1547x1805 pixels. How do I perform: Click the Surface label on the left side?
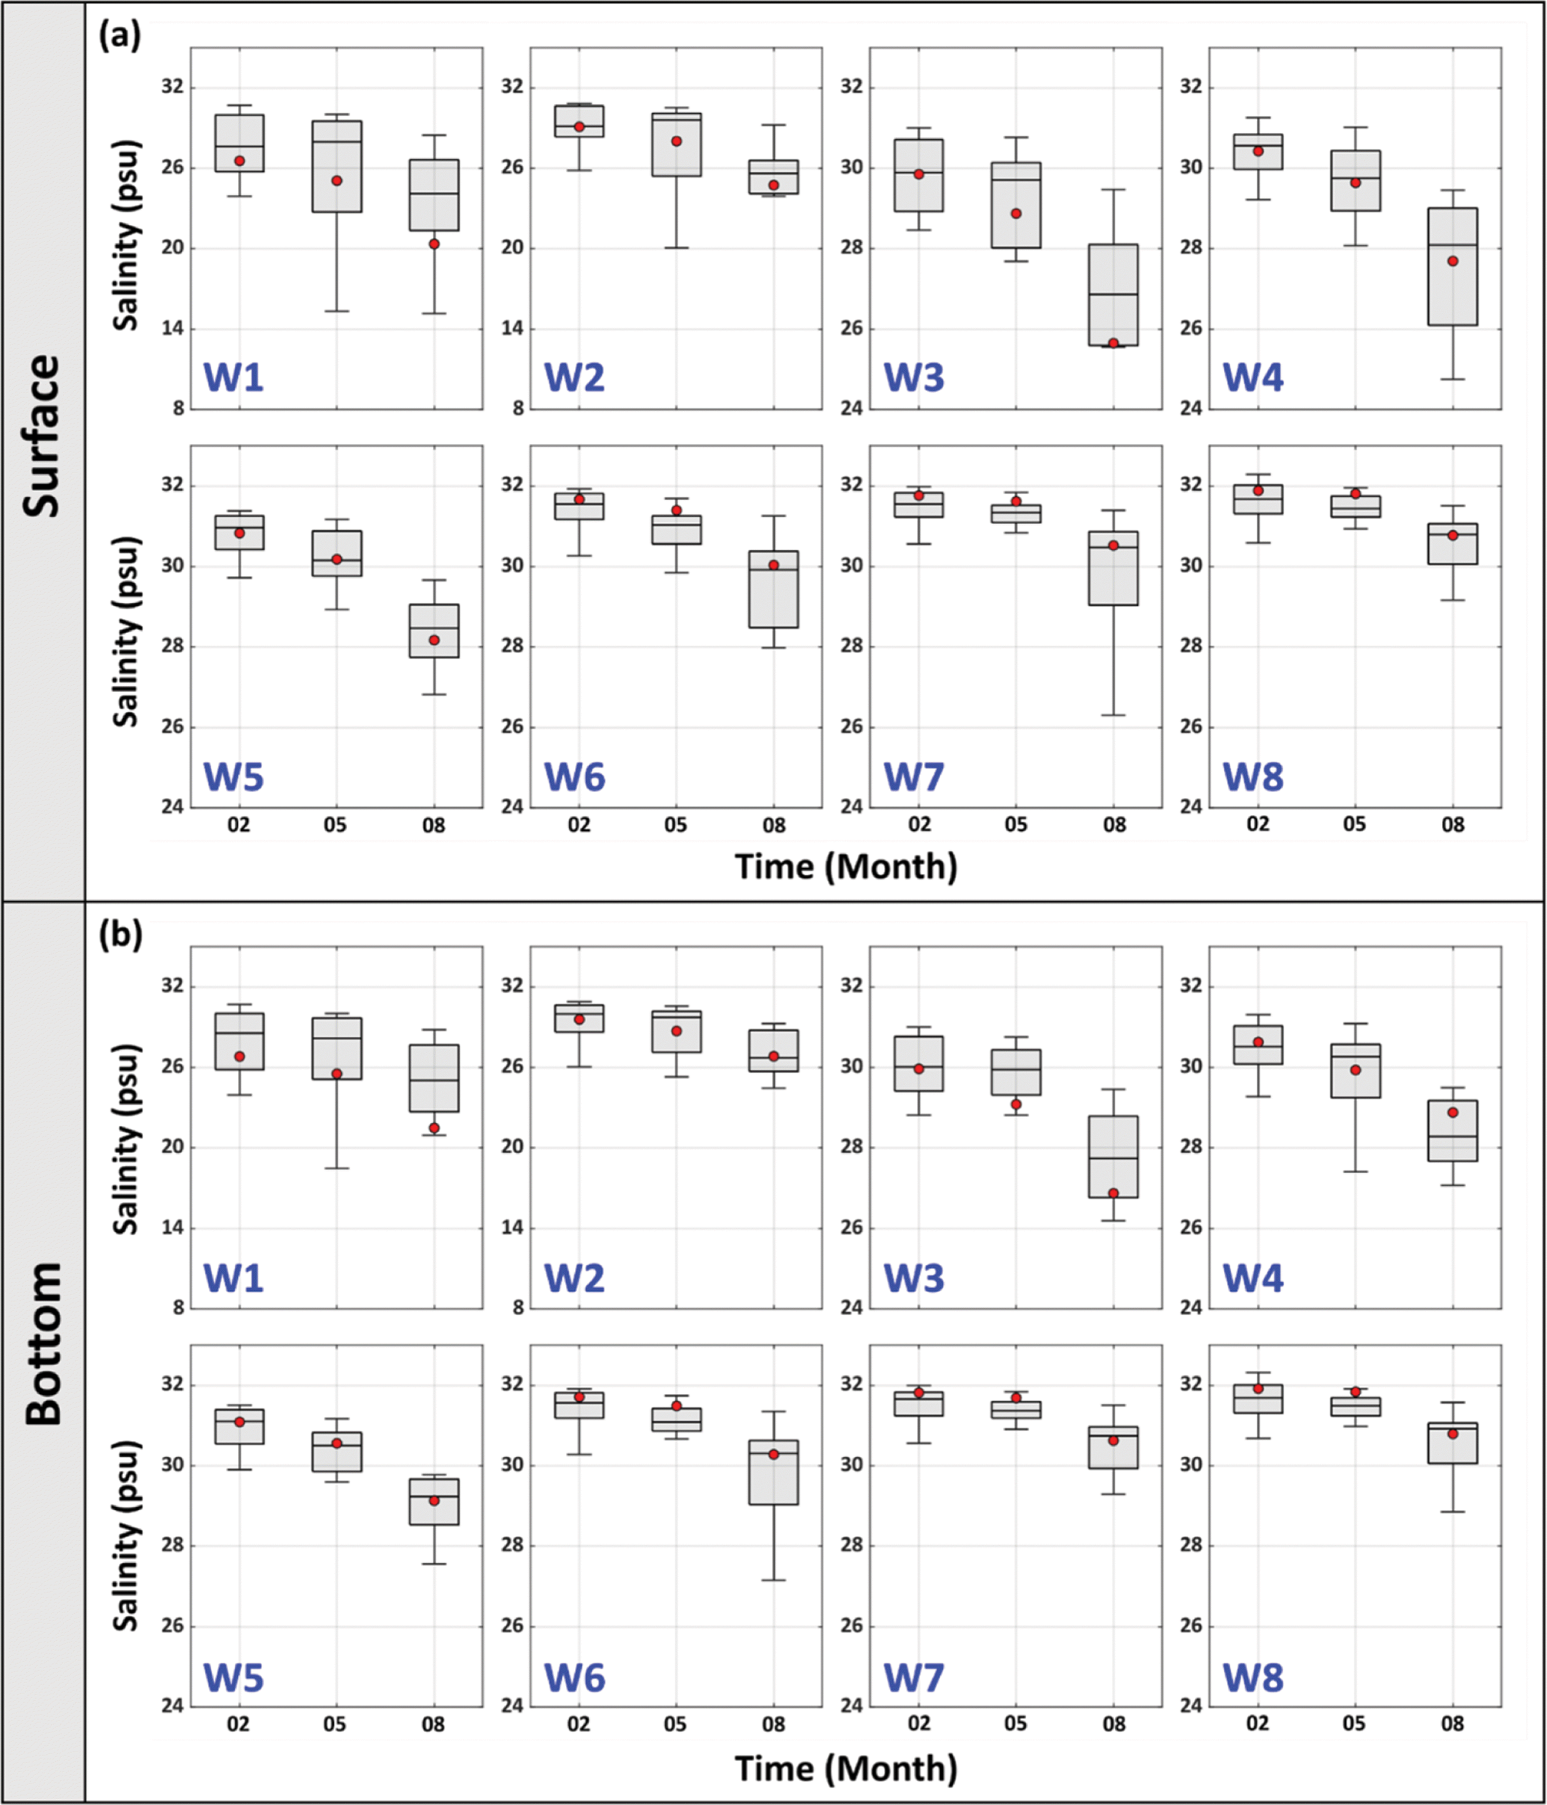coord(42,436)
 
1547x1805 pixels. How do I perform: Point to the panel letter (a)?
coord(119,37)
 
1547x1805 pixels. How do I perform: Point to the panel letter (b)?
coord(119,935)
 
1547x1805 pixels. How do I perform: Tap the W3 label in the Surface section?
coord(914,378)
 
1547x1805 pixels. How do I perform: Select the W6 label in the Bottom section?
coord(574,1678)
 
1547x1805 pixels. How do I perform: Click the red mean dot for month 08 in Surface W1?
coord(434,244)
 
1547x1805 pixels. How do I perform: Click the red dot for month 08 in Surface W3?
coord(1113,343)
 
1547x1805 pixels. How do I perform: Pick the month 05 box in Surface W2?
coord(676,144)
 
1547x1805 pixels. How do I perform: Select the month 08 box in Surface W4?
coord(1452,267)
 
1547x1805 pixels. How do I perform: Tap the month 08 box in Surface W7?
coord(1113,568)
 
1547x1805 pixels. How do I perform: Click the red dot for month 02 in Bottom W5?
coord(239,1422)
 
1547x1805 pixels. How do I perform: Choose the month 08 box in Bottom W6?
coord(773,1472)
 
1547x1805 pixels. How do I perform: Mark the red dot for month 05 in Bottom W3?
coord(1016,1105)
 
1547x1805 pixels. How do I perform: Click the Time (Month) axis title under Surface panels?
coord(846,867)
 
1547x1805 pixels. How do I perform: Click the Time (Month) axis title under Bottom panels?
coord(846,1768)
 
